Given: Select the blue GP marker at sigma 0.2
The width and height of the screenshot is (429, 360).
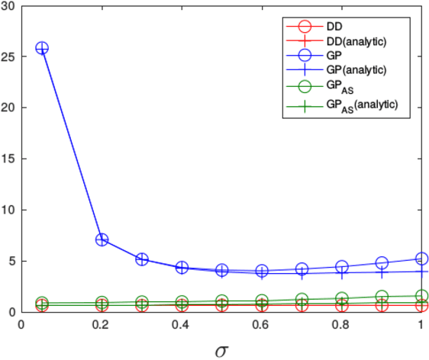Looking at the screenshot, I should coord(102,239).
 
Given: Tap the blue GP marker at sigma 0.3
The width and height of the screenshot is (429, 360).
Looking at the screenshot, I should coord(142,259).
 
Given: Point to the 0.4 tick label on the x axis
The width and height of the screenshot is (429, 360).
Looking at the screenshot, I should coord(182,324).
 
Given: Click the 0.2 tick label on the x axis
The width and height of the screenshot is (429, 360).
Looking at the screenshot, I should coord(102,324).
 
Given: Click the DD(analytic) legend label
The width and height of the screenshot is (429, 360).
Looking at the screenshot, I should coord(355,41).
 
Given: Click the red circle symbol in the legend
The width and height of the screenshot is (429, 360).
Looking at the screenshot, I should coord(298,25).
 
